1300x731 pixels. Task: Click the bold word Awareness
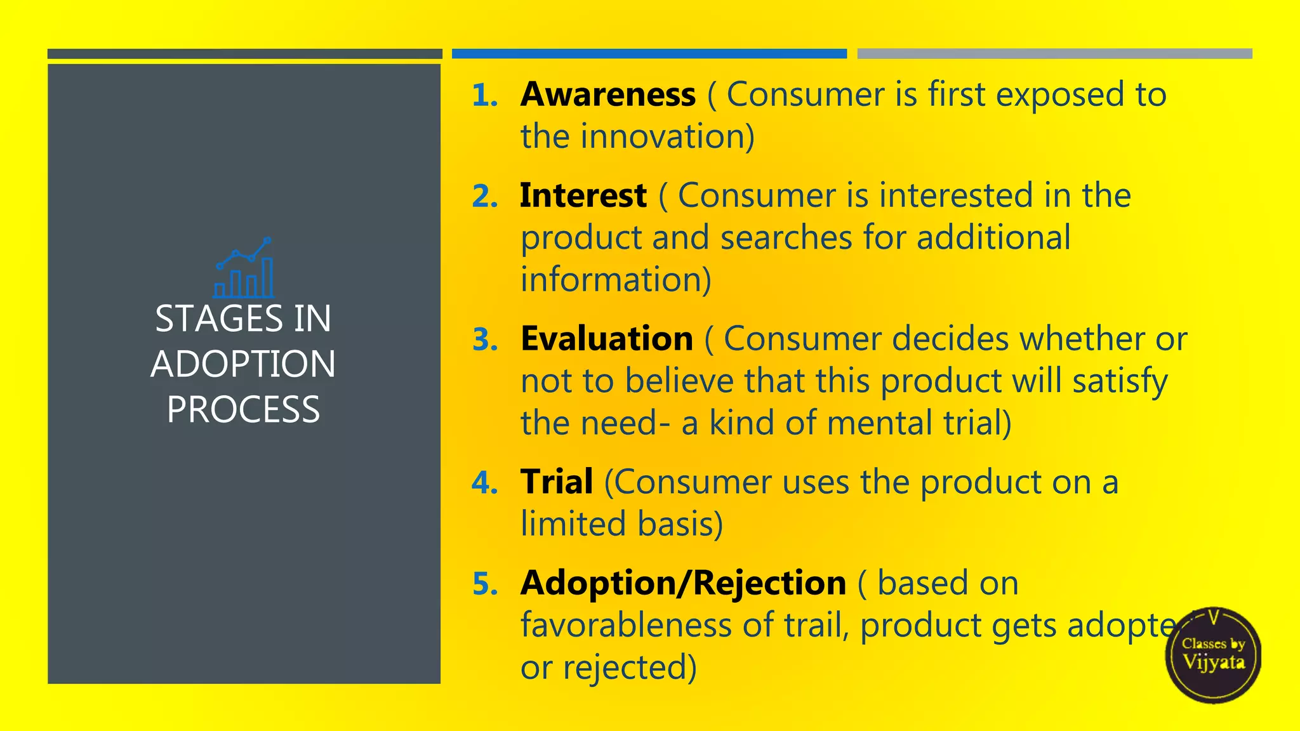(x=607, y=95)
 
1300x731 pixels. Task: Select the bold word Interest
(x=583, y=195)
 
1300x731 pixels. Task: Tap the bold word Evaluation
(x=606, y=339)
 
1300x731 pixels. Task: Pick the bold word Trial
(x=557, y=482)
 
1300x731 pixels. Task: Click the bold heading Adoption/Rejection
(x=683, y=583)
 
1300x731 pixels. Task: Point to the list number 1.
(x=484, y=96)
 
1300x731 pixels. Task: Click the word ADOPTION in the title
(x=243, y=364)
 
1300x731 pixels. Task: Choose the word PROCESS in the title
(x=243, y=410)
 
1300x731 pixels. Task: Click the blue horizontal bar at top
(x=649, y=54)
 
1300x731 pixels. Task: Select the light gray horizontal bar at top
(x=1054, y=54)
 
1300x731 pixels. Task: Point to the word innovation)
(x=667, y=137)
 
